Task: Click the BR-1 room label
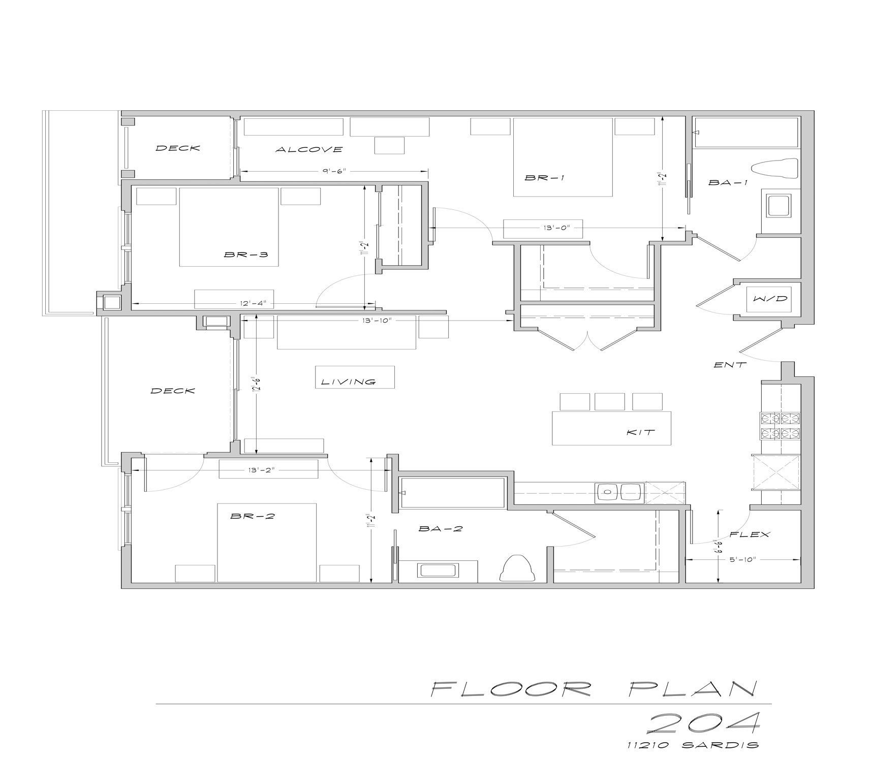tap(545, 178)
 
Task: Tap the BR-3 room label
tap(246, 254)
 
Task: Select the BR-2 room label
tap(253, 516)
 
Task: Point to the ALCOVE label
tap(309, 149)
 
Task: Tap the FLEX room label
tap(750, 534)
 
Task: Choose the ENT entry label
tap(730, 365)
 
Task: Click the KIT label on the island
tap(640, 433)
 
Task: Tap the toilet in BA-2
tap(518, 568)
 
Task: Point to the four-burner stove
tap(780, 426)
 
